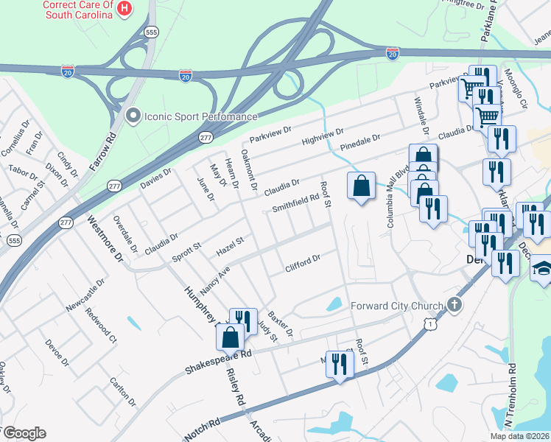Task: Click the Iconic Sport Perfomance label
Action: pyautogui.click(x=200, y=116)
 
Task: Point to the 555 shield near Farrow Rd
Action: pyautogui.click(x=151, y=32)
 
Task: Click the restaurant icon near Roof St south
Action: pyautogui.click(x=340, y=364)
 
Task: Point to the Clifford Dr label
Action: pyautogui.click(x=303, y=264)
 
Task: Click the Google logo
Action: pyautogui.click(x=24, y=433)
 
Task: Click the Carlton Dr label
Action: pyautogui.click(x=122, y=392)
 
